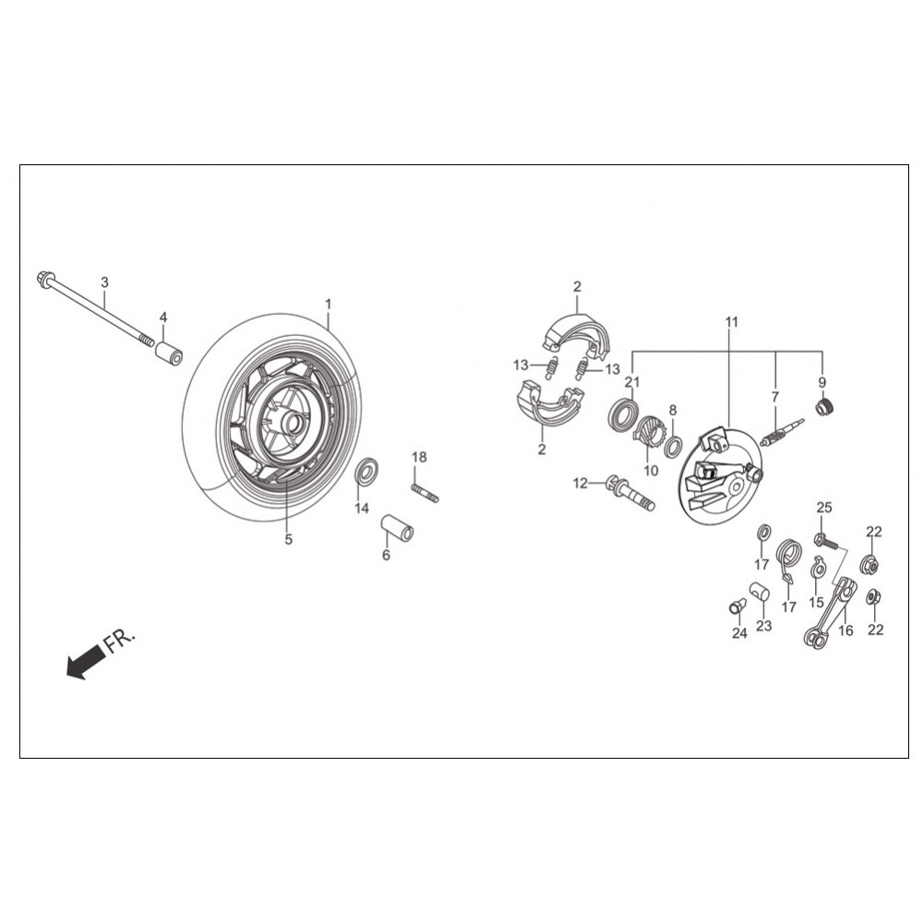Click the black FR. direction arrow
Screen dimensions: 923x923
click(86, 660)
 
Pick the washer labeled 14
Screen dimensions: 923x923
click(366, 471)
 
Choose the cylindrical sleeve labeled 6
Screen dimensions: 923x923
click(397, 528)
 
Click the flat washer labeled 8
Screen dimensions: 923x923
click(673, 446)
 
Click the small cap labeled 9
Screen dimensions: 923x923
click(825, 407)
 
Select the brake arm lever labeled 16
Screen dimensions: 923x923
click(829, 613)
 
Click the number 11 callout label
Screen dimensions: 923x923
click(731, 322)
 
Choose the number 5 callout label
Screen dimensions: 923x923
click(288, 539)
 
